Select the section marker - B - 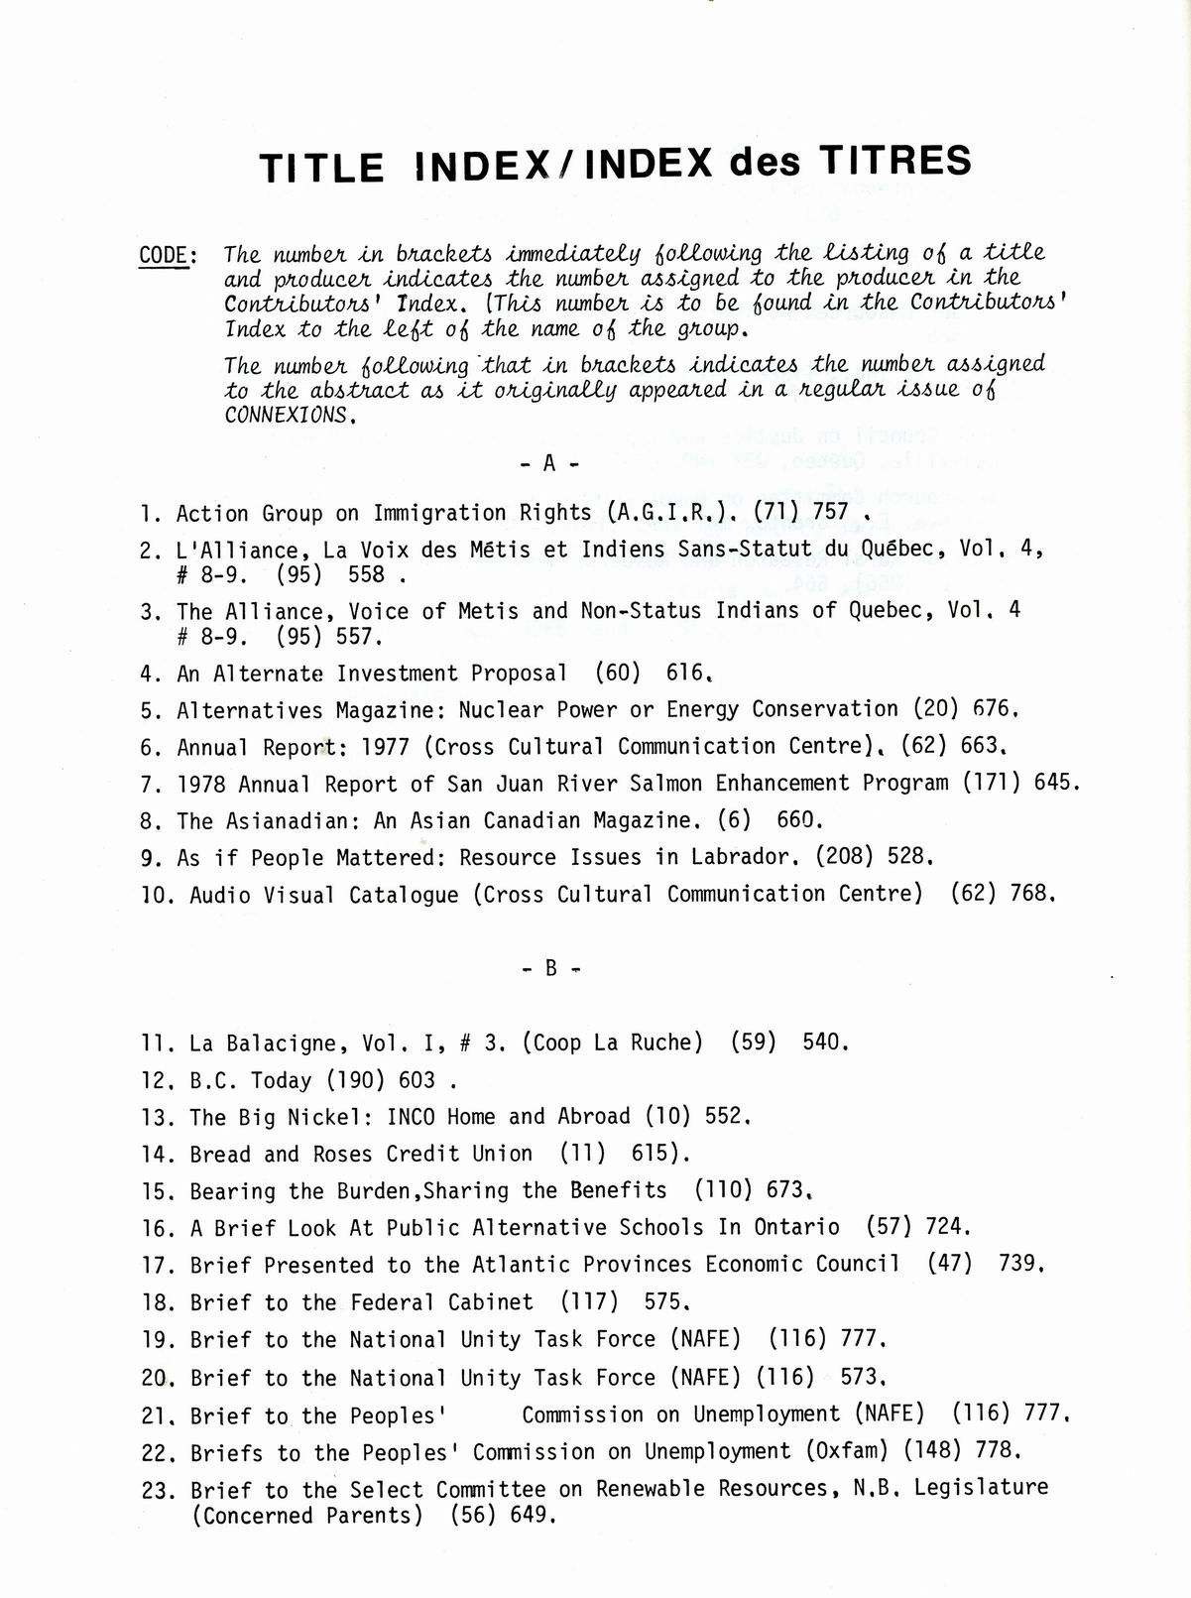pos(550,968)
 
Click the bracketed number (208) pos(844,857)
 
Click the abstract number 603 pos(417,1080)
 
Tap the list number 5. pos(150,711)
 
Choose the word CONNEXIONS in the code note pos(288,416)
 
